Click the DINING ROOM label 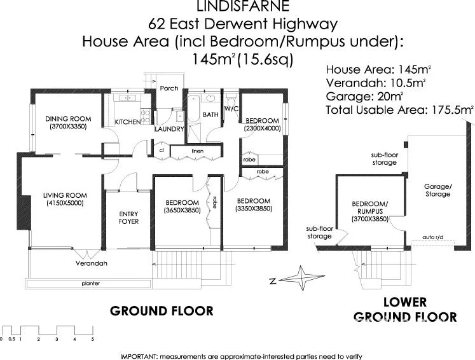(x=67, y=118)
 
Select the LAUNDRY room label (x=169, y=129)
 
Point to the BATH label (x=210, y=114)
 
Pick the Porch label (x=169, y=88)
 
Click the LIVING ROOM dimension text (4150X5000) (x=64, y=204)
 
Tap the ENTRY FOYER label (x=128, y=217)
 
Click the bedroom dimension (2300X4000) (x=262, y=129)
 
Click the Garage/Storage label (x=437, y=190)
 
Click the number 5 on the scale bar (x=93, y=340)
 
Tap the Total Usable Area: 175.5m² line (x=399, y=110)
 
